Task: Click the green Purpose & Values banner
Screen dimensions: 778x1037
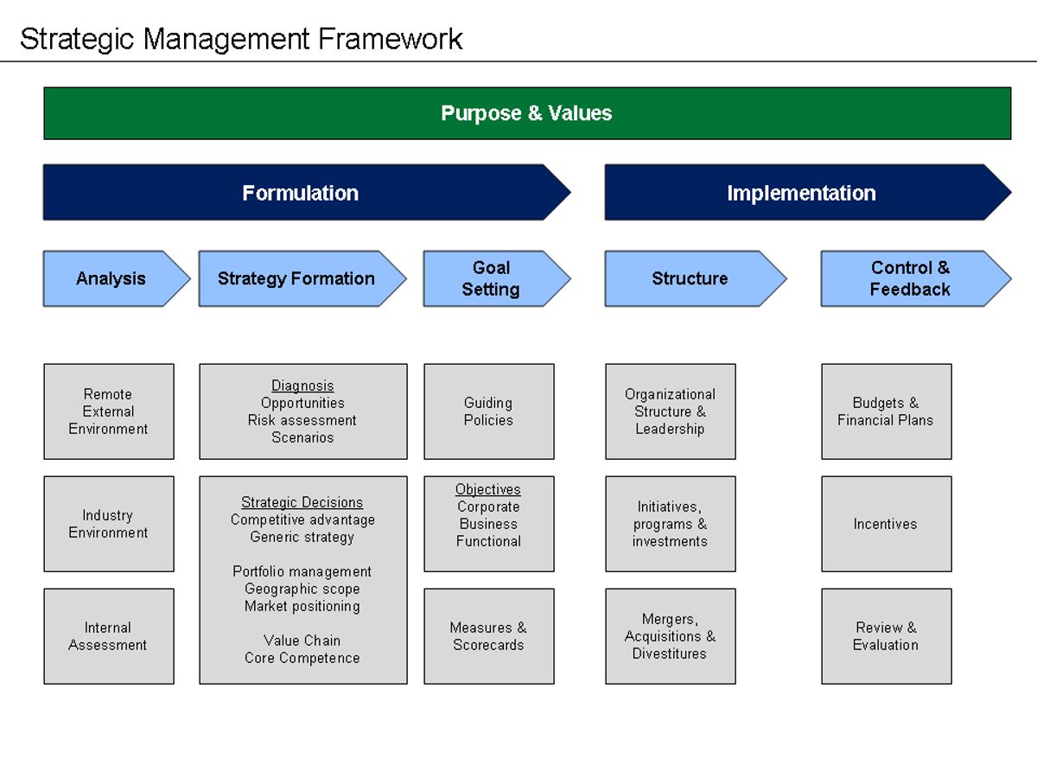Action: click(527, 113)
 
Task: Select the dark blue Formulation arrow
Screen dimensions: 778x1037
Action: click(300, 193)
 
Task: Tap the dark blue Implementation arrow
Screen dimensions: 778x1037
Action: click(801, 193)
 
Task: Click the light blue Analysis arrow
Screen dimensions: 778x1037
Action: click(111, 278)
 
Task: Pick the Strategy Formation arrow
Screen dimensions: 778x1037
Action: click(296, 278)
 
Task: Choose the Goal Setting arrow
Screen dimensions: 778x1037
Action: click(490, 278)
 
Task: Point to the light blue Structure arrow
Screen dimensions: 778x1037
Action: click(689, 278)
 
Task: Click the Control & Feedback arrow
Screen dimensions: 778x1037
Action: click(909, 278)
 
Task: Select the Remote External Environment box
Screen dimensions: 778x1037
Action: click(109, 411)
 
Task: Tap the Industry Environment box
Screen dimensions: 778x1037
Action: click(109, 524)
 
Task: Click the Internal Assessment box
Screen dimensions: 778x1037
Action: click(109, 636)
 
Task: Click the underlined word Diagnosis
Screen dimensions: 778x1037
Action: click(302, 386)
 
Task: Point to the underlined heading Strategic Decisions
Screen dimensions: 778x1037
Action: click(302, 502)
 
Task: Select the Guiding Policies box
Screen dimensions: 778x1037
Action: click(489, 411)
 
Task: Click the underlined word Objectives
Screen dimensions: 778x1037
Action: click(488, 489)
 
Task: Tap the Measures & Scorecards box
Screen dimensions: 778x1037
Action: click(489, 636)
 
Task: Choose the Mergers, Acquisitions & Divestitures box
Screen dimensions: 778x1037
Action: click(671, 636)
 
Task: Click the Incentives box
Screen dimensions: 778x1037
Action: click(886, 524)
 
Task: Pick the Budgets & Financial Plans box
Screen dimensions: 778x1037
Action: click(886, 411)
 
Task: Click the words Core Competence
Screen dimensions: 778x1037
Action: click(302, 658)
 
